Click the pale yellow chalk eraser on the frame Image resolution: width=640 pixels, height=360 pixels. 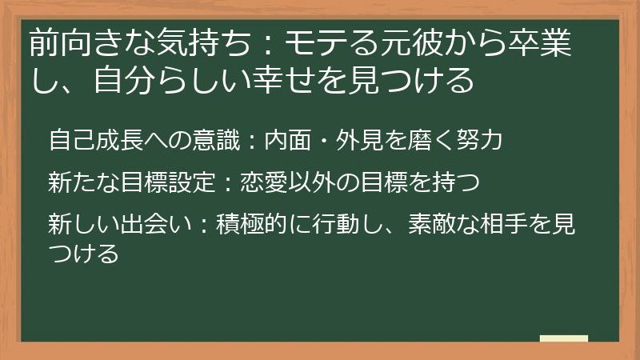(563, 338)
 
